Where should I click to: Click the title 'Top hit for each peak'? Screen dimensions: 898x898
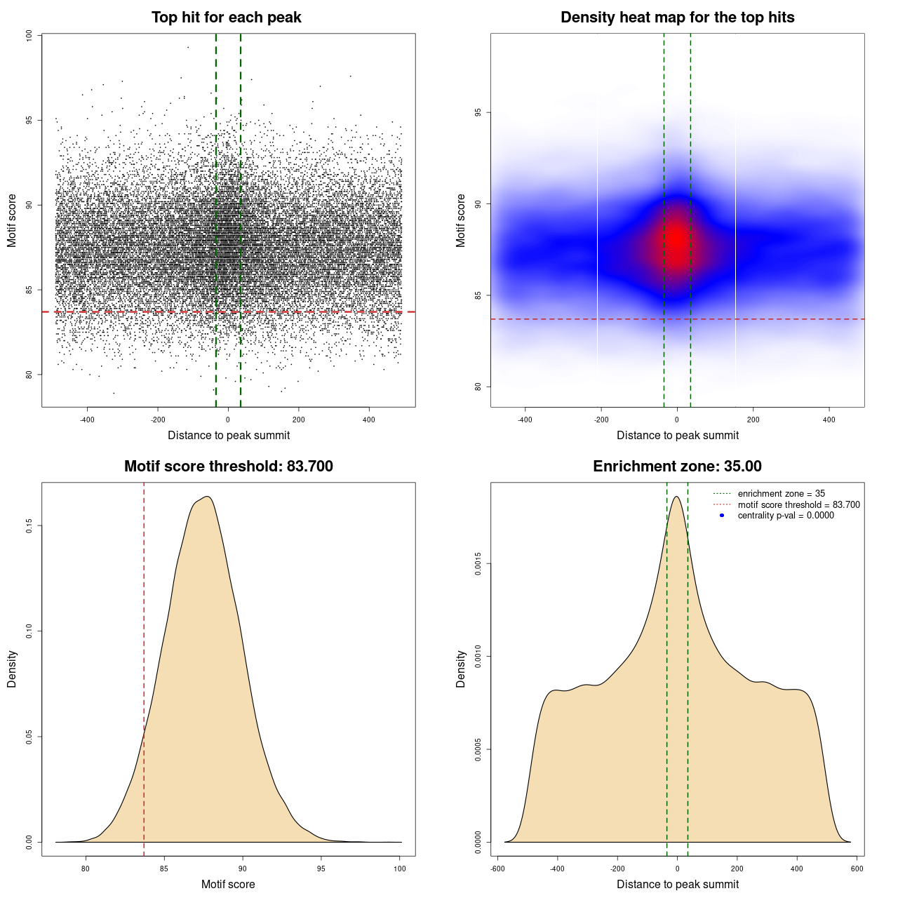point(227,18)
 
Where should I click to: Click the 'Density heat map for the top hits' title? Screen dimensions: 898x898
point(677,18)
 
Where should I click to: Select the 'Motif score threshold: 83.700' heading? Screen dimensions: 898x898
point(228,467)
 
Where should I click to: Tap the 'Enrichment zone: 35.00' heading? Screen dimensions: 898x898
point(677,467)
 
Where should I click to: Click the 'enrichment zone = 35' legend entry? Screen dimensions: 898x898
point(781,494)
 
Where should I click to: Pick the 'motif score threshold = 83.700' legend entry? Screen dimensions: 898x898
point(798,505)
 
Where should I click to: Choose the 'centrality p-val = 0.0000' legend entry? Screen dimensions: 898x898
point(786,516)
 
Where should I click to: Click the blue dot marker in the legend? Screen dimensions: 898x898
point(722,516)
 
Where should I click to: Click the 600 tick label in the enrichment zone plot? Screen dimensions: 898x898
point(857,869)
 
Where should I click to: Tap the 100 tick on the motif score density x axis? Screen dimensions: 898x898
point(400,869)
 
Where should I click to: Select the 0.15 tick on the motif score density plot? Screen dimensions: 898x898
point(29,525)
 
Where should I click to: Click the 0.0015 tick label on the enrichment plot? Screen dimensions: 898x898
point(478,563)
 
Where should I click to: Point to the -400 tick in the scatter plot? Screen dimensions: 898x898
point(87,420)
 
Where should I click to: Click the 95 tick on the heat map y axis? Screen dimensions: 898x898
point(478,112)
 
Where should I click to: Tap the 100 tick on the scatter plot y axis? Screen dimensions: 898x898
point(29,35)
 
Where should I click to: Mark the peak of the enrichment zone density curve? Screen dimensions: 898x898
point(676,497)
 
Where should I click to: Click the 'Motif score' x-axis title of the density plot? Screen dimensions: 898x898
point(228,884)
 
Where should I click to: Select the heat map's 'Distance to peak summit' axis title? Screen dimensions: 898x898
point(677,435)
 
